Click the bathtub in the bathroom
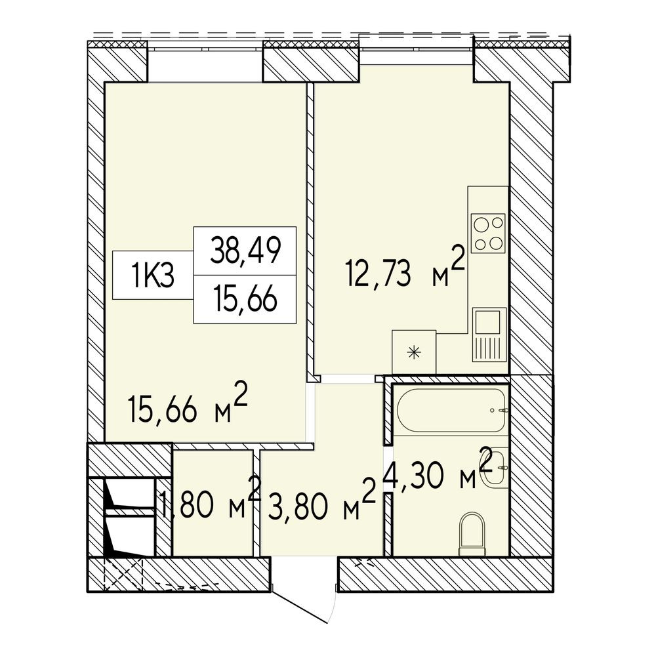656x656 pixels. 452,410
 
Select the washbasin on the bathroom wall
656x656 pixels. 495,467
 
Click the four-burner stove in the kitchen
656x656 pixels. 488,233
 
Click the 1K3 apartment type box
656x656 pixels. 153,276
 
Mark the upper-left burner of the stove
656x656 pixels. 480,224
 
